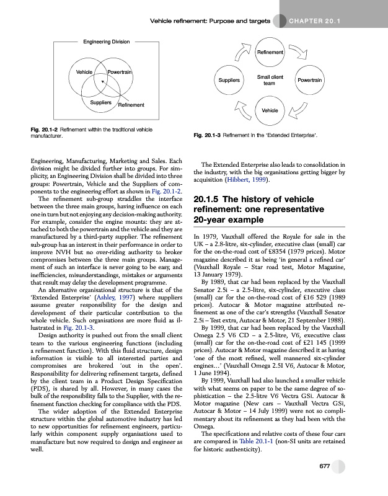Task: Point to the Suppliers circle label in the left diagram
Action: pyautogui.click(x=100, y=101)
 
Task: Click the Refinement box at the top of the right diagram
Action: pyautogui.click(x=270, y=53)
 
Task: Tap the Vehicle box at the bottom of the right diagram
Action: pyautogui.click(x=270, y=110)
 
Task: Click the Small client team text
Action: pyautogui.click(x=270, y=80)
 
